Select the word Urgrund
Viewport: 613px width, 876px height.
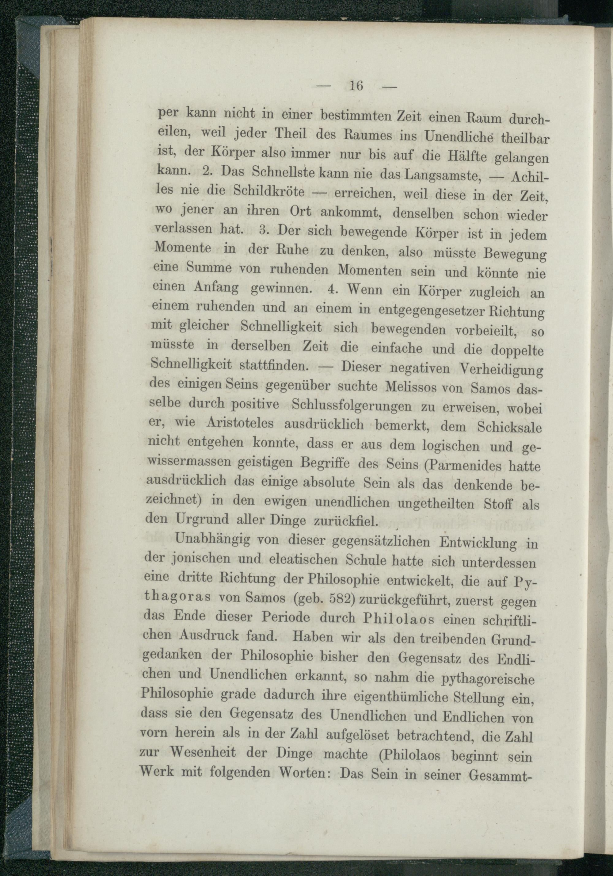(x=202, y=519)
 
